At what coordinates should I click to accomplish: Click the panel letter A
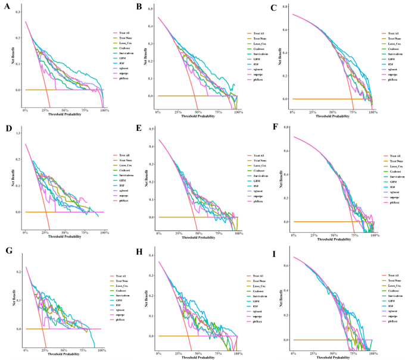5,7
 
